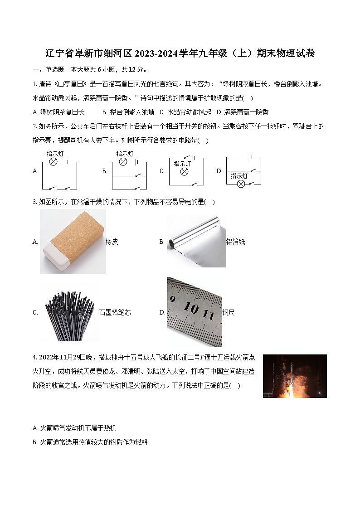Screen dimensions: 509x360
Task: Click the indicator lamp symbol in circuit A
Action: (x=53, y=162)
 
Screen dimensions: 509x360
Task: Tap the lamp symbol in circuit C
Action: (x=184, y=172)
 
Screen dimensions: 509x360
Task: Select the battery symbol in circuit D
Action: (x=249, y=157)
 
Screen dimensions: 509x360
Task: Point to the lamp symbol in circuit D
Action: (x=241, y=184)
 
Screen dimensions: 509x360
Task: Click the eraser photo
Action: (x=73, y=242)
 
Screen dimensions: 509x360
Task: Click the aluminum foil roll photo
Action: (x=196, y=242)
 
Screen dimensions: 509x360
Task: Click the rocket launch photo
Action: (x=295, y=376)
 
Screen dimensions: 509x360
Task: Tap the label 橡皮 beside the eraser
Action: (x=112, y=242)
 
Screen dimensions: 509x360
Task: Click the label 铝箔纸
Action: (x=235, y=242)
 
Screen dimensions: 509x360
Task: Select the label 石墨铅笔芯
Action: (x=115, y=313)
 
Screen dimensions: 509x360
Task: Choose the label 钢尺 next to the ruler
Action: (x=229, y=313)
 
